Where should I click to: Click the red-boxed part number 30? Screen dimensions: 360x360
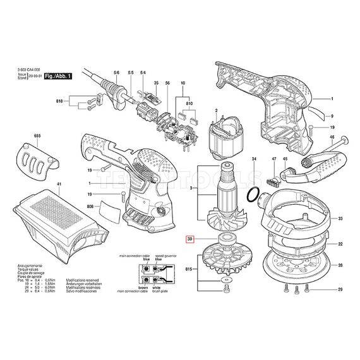[190, 240]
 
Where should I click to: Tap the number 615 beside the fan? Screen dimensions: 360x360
[188, 270]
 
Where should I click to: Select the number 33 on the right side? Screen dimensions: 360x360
[340, 219]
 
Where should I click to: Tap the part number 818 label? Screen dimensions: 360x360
[60, 101]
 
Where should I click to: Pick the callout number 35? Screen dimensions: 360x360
[155, 83]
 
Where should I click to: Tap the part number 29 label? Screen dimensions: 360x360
[340, 289]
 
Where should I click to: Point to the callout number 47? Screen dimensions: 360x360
[273, 159]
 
